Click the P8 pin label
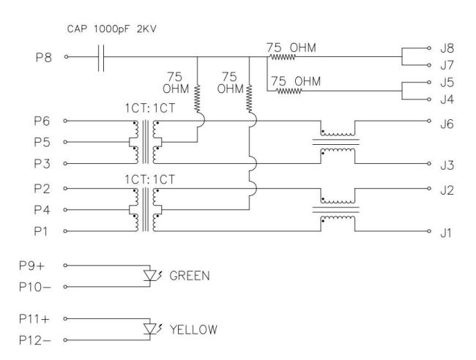45,56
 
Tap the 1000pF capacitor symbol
103,56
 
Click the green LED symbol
152,276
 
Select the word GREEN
190,277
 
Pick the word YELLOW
193,330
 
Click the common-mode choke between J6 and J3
338,140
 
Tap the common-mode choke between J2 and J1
338,209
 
